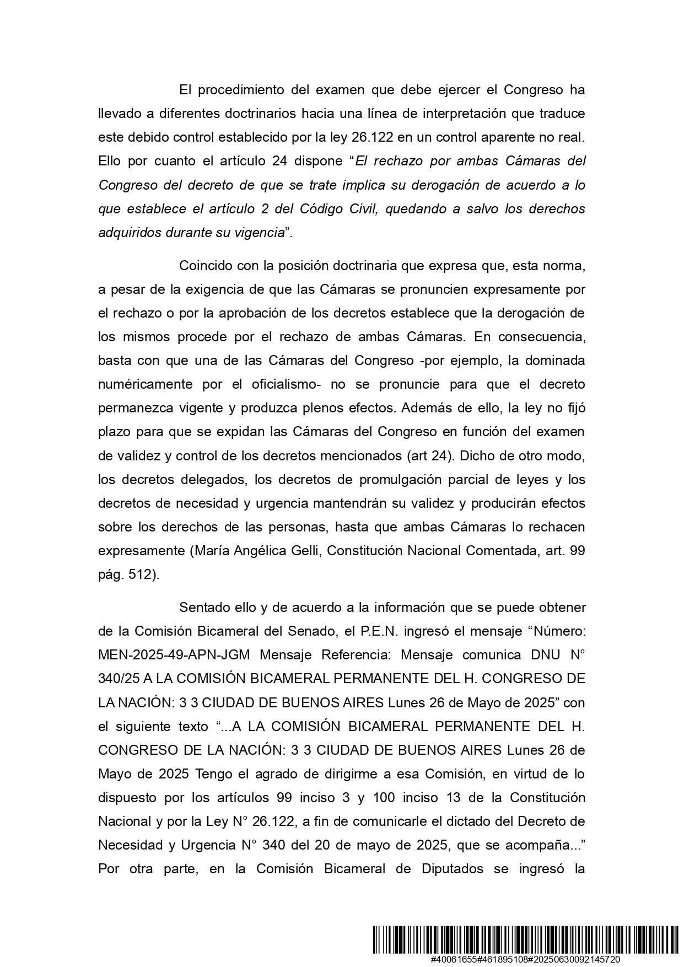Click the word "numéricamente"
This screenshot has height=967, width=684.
pyautogui.click(x=146, y=384)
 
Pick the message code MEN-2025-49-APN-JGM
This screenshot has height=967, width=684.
pyautogui.click(x=174, y=655)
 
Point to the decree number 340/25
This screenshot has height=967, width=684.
pyautogui.click(x=114, y=679)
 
